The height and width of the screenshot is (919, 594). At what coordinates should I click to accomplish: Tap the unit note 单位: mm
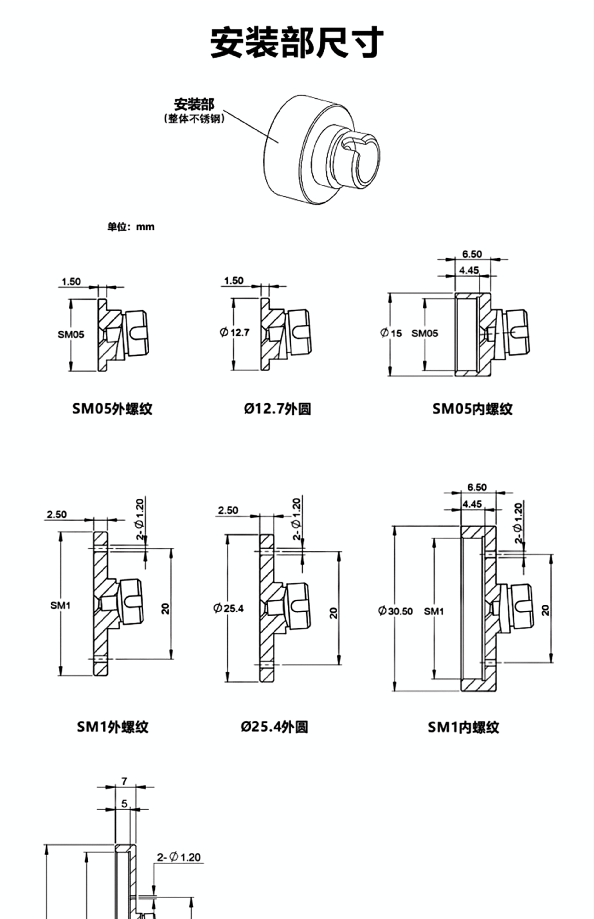(x=131, y=227)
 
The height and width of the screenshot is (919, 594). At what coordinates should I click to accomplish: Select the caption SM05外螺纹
(x=112, y=409)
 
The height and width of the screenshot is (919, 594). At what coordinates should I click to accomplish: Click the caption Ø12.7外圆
(x=277, y=409)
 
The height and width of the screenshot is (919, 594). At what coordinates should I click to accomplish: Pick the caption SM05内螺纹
(x=473, y=409)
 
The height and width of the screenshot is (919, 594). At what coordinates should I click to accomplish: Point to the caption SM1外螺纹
(x=112, y=727)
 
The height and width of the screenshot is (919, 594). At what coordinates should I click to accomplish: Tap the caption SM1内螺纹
(x=463, y=727)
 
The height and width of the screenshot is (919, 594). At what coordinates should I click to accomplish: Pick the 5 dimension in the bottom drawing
(x=124, y=803)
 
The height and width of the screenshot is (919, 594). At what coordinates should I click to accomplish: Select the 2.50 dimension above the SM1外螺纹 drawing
(x=57, y=514)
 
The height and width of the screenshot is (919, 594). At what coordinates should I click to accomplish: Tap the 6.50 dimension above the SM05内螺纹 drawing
(x=472, y=254)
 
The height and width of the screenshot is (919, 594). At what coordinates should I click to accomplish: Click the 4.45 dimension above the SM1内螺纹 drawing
(x=472, y=504)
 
